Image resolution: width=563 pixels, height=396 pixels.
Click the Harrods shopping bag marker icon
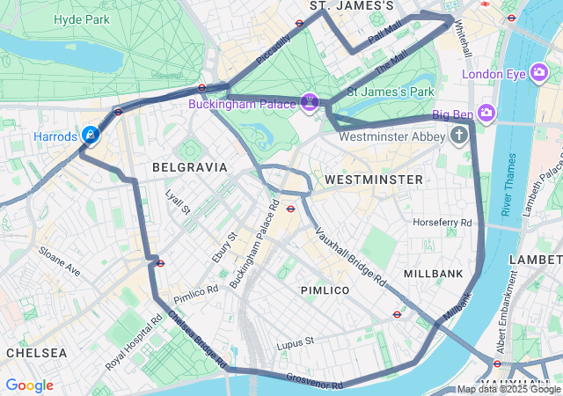point(90,135)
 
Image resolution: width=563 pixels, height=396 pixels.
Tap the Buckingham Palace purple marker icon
point(309,103)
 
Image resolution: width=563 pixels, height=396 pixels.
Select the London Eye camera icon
point(540,74)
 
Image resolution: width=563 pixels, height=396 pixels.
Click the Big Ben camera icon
point(486,113)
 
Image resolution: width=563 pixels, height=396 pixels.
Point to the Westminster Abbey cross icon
point(458,136)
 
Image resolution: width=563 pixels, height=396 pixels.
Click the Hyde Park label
point(81,19)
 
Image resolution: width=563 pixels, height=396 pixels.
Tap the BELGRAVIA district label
point(189,166)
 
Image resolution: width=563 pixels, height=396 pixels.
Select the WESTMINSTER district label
point(374,180)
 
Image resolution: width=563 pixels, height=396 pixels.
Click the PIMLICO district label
point(325,290)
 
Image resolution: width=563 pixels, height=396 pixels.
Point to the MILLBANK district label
point(433,274)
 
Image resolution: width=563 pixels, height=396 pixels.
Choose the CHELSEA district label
point(36,353)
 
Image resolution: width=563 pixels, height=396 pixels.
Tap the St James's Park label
point(391,92)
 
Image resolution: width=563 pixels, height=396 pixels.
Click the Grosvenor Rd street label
point(314,381)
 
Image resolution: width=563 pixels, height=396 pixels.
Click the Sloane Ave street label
point(59,261)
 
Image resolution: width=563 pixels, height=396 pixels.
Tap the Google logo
point(29,385)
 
